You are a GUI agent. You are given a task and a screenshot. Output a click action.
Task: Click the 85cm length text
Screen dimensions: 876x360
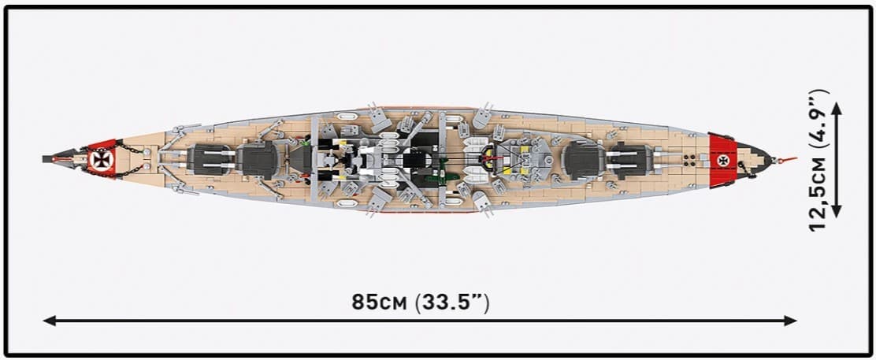point(380,302)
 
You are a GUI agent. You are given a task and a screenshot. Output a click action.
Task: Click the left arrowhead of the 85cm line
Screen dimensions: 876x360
point(49,321)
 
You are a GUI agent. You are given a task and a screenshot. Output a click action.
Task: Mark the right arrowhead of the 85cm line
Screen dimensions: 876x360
point(790,321)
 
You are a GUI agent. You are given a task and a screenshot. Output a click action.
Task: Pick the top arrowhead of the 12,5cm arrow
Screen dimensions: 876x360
point(837,108)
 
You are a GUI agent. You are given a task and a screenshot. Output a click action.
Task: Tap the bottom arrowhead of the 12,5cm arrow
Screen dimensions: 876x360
point(837,211)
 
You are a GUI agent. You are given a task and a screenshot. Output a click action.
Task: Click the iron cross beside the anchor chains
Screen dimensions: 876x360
point(102,160)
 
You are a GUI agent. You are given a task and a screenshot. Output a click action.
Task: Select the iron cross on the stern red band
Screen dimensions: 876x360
point(722,161)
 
